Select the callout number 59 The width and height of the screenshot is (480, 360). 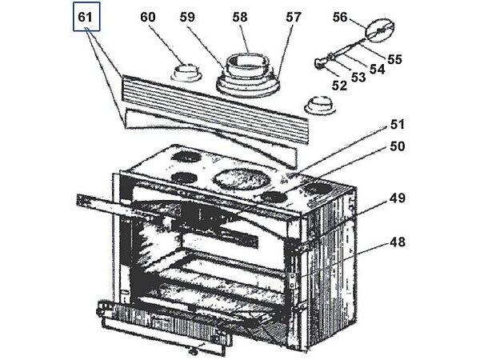tap(208, 16)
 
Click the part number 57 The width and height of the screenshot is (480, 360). tap(294, 17)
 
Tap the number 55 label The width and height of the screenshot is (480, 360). tap(394, 58)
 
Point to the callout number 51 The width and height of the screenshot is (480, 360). tap(398, 124)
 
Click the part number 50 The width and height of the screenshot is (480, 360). tap(398, 146)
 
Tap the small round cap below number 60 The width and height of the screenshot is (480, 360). tap(186, 74)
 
